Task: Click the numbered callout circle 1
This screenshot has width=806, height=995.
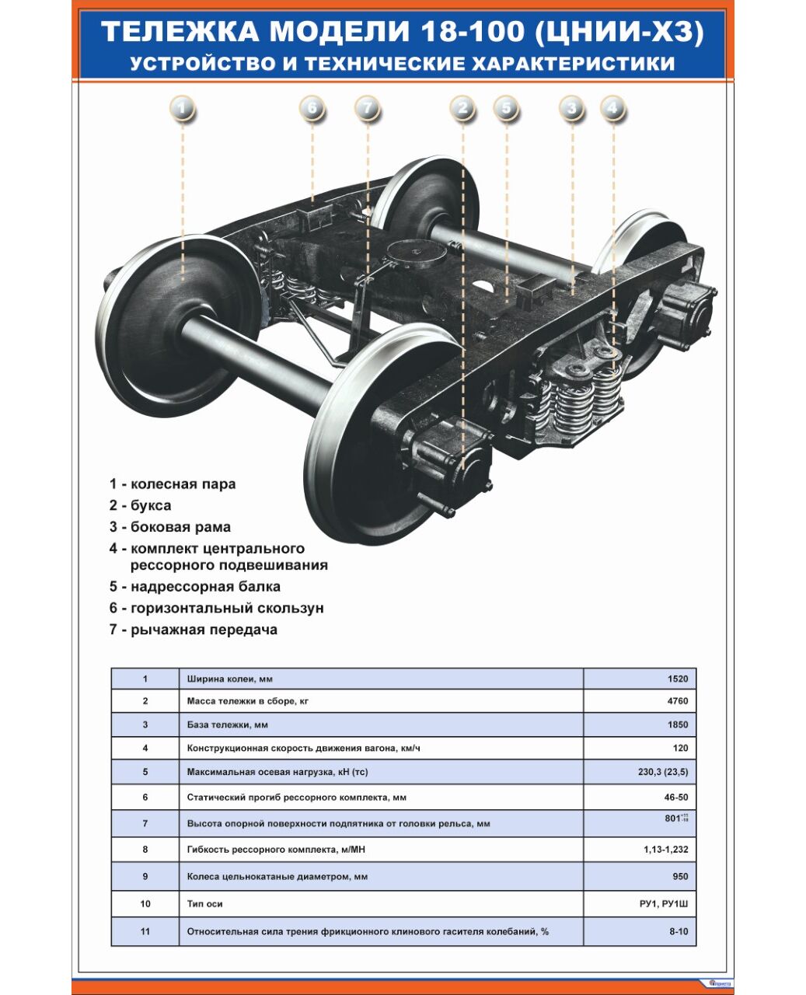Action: (x=182, y=108)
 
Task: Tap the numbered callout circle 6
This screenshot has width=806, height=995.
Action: (x=312, y=108)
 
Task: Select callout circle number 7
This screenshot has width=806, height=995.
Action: (x=368, y=108)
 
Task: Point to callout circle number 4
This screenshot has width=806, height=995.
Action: (x=612, y=108)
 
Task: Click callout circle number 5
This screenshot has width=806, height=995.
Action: (x=506, y=108)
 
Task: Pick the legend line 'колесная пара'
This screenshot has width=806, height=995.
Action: (x=173, y=484)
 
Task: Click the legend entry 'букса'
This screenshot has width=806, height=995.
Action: (x=141, y=505)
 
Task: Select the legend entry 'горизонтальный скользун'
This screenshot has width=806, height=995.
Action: (x=217, y=608)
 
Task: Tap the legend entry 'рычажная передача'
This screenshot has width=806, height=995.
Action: (x=194, y=630)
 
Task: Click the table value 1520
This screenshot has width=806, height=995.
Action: (x=677, y=679)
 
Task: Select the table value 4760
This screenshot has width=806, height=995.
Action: (x=677, y=701)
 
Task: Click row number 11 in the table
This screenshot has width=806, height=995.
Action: (x=145, y=931)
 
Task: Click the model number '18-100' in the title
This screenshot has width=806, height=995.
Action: (x=470, y=32)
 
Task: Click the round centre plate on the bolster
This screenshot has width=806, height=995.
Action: (x=415, y=253)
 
